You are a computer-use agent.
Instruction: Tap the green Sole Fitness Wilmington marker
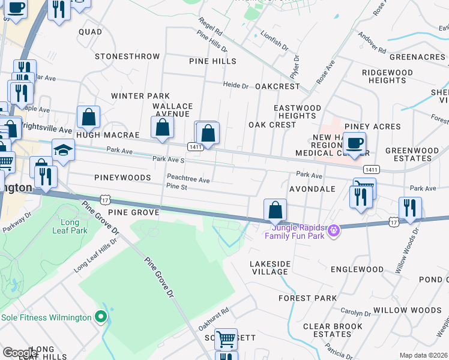pyautogui.click(x=101, y=317)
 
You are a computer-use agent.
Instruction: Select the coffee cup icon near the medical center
pyautogui.click(x=354, y=143)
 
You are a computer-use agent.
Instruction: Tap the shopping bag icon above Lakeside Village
pyautogui.click(x=275, y=210)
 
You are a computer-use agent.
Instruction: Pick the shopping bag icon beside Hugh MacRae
pyautogui.click(x=88, y=117)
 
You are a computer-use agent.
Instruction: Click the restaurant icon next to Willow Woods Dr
pyautogui.click(x=410, y=208)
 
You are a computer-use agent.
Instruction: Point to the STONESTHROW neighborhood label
pyautogui.click(x=127, y=56)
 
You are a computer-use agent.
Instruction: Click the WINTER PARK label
pyautogui.click(x=140, y=96)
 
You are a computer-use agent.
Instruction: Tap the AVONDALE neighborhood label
pyautogui.click(x=312, y=188)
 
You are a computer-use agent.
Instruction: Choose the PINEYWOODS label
pyautogui.click(x=122, y=178)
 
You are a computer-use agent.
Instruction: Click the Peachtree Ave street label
pyautogui.click(x=188, y=179)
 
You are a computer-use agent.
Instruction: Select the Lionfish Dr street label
pyautogui.click(x=276, y=45)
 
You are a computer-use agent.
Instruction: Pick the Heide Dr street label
pyautogui.click(x=236, y=86)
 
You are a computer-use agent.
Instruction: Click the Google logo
pyautogui.click(x=20, y=352)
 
